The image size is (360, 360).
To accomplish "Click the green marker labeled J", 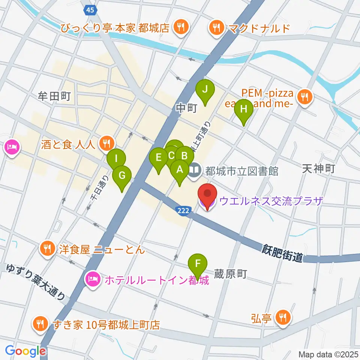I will [205, 90].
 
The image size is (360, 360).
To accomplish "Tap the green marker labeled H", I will [244, 110].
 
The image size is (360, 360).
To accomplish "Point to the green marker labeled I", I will [116, 159].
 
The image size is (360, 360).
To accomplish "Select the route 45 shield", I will [90, 10].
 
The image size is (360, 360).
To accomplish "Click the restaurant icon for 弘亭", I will [281, 318].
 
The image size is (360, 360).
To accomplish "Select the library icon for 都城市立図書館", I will [194, 171].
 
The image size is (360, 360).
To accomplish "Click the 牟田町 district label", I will [54, 96].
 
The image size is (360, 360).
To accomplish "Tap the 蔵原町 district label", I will [230, 274].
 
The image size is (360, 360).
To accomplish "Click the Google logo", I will [25, 351].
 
